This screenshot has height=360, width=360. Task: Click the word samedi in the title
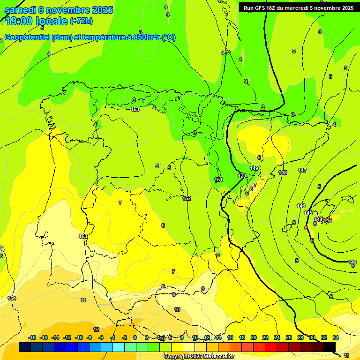(x=20, y=10)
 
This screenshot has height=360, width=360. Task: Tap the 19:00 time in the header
(x=20, y=21)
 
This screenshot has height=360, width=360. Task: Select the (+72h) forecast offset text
(x=81, y=21)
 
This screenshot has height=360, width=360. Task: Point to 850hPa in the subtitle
(x=146, y=37)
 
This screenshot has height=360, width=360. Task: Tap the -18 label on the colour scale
(x=32, y=337)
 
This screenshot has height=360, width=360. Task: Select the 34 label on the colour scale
(x=335, y=337)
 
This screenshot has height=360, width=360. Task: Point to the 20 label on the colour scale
(x=253, y=337)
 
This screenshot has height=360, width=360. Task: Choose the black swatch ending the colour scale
(x=330, y=347)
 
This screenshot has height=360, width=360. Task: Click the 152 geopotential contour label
(x=187, y=198)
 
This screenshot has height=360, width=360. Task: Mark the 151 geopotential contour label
(x=218, y=180)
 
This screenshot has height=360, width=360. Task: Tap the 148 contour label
(x=283, y=173)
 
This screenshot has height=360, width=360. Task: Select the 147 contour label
(x=302, y=170)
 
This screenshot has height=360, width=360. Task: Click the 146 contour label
(x=301, y=206)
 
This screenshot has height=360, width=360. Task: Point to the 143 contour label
(x=328, y=220)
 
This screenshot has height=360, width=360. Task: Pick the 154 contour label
(x=12, y=299)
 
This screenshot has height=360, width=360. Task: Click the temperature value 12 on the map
(x=96, y=330)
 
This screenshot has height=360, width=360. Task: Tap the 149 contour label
(x=254, y=168)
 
